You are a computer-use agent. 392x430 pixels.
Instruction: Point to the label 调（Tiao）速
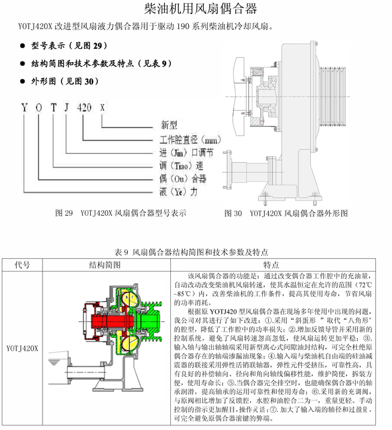(x=179, y=166)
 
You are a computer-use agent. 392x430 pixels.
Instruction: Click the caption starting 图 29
(x=120, y=213)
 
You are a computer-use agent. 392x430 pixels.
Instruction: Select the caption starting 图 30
(x=286, y=213)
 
